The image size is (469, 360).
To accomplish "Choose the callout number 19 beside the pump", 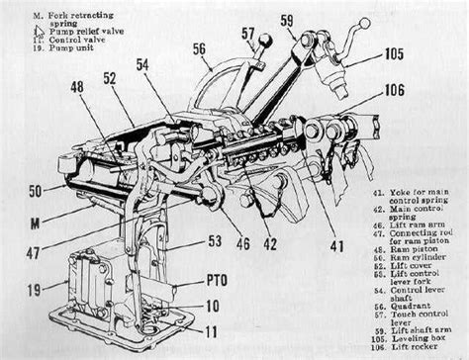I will [x=33, y=291].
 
